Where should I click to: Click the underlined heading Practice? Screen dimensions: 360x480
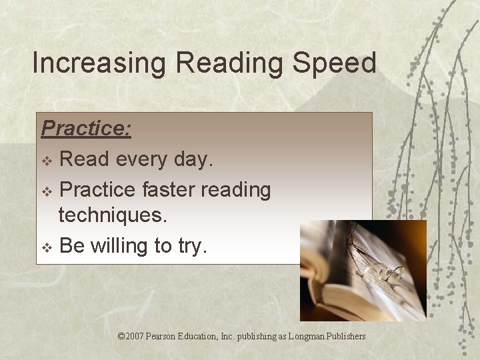[x=86, y=128]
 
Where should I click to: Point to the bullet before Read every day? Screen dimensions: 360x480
[x=46, y=161]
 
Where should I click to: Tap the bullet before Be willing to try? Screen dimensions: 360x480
[x=46, y=247]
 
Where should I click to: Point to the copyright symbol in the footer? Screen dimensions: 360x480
[x=121, y=336]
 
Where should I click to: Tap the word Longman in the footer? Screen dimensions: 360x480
[x=307, y=336]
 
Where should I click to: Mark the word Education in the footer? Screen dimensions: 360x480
[x=209, y=336]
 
